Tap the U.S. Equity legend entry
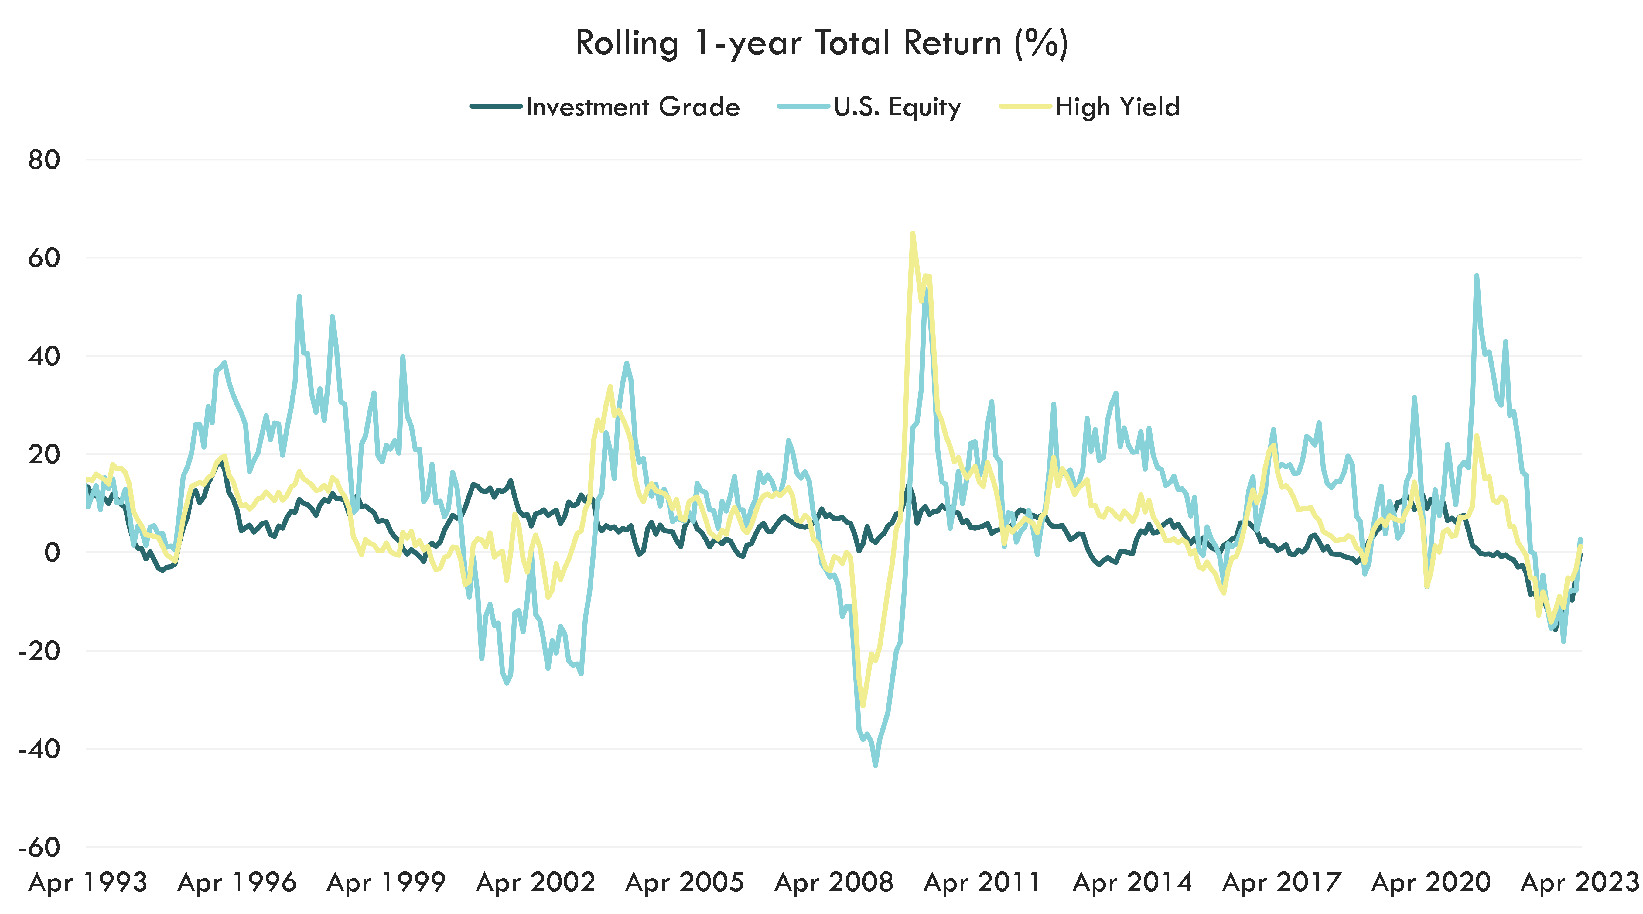[x=896, y=107]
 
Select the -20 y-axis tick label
[x=39, y=651]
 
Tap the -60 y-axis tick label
[x=39, y=848]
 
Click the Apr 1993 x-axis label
[x=88, y=883]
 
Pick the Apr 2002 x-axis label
[x=536, y=883]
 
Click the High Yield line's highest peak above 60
[x=913, y=234]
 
